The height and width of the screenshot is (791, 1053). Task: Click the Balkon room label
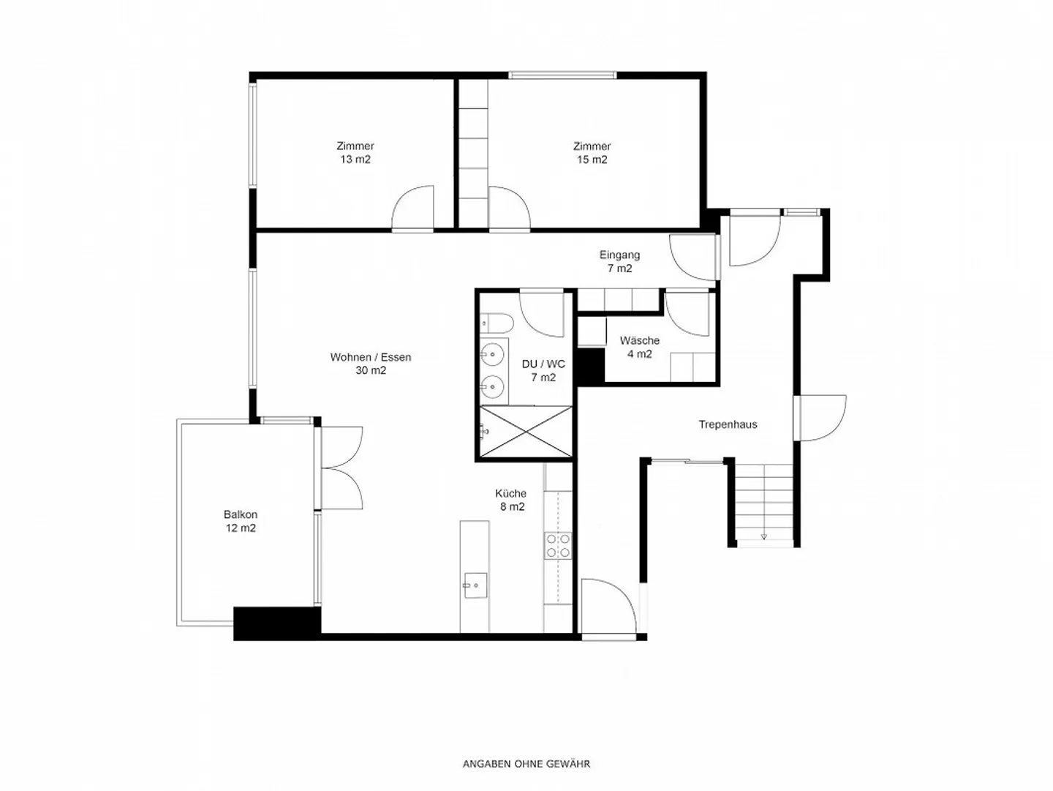(x=241, y=514)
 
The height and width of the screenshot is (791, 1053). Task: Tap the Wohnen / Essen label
(x=370, y=357)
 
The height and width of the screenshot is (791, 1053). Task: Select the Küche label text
(x=510, y=493)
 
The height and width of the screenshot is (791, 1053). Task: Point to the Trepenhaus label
(x=728, y=425)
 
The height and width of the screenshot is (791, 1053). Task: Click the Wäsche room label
(x=639, y=341)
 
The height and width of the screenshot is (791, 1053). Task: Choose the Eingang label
(x=619, y=255)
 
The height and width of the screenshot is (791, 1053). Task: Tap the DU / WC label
(x=543, y=364)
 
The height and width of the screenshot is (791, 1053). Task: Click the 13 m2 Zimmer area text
(x=355, y=160)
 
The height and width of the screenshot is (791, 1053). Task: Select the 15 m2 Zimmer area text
(x=592, y=160)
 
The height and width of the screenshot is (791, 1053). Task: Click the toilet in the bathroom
(x=497, y=323)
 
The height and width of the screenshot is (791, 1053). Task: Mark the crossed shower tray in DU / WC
(x=526, y=432)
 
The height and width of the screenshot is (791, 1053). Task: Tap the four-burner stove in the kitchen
(x=558, y=546)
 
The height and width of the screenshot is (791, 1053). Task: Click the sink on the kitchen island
(x=475, y=585)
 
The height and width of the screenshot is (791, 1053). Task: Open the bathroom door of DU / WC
(x=542, y=314)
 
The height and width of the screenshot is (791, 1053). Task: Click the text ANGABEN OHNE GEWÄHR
(x=526, y=764)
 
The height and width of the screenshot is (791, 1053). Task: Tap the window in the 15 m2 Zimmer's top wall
(x=562, y=75)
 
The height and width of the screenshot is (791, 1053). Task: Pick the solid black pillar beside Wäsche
(x=591, y=366)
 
